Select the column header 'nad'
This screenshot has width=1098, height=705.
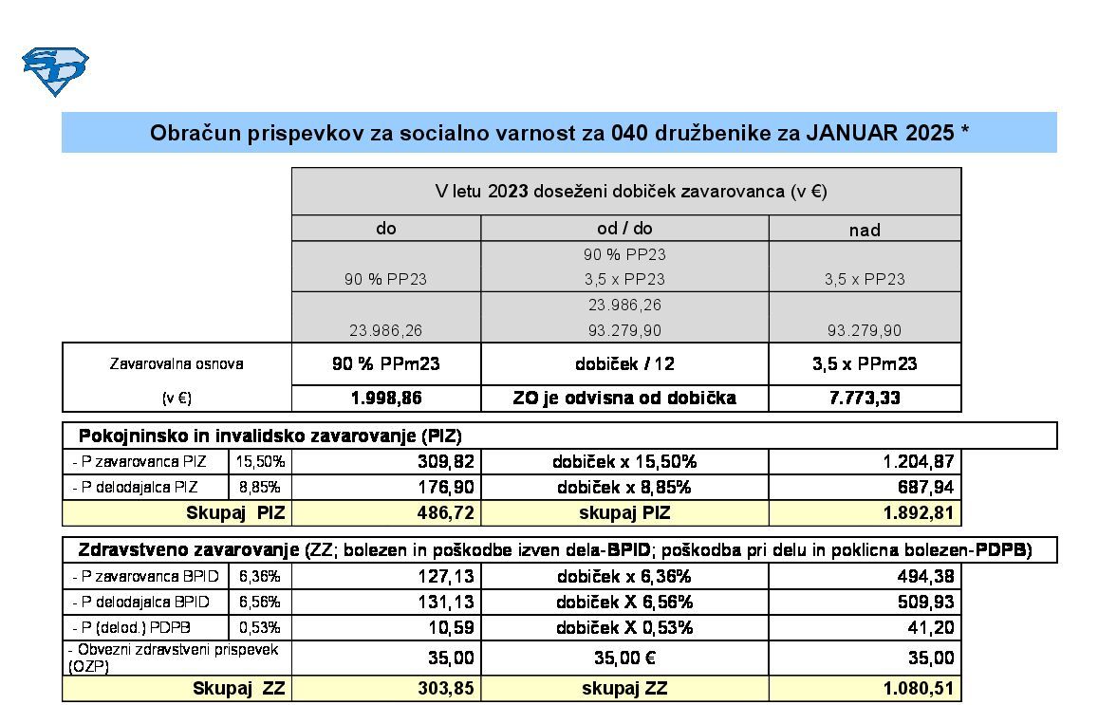click(x=865, y=230)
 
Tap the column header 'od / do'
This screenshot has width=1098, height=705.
click(x=624, y=229)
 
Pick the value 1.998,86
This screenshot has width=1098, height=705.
click(x=386, y=399)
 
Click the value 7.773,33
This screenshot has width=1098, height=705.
click(x=865, y=399)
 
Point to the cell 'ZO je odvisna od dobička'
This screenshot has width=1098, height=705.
click(x=624, y=399)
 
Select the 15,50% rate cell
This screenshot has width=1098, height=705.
click(x=260, y=462)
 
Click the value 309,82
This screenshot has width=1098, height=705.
click(x=446, y=462)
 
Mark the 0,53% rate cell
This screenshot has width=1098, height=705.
click(x=260, y=627)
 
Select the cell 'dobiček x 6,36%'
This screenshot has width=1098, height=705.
click(x=624, y=576)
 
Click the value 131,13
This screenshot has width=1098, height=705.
click(x=446, y=602)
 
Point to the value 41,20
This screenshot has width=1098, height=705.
click(x=932, y=627)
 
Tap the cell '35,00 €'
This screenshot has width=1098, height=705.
click(x=624, y=658)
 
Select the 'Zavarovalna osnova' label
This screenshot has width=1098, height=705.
click(x=177, y=363)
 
